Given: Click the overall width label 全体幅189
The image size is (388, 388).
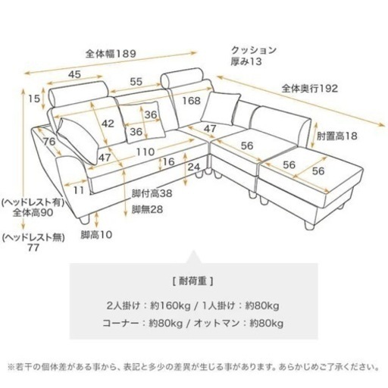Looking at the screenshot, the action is (111, 54).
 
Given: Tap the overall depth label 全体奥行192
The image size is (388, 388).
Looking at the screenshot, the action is (310, 89).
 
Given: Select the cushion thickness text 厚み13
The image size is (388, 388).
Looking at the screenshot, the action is (246, 61).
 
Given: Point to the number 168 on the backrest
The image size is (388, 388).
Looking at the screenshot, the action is (192, 101).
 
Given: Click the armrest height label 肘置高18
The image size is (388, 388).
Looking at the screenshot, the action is (337, 136).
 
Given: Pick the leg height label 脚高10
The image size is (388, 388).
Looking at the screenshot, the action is (96, 235).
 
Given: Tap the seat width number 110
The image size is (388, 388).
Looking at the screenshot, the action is (145, 152).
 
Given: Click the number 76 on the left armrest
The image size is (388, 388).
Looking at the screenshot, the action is (49, 142).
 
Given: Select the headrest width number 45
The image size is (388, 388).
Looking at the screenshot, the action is (75, 74).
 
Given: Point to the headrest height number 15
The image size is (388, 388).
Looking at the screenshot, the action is (34, 99).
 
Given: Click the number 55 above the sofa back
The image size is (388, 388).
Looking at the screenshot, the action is (136, 82).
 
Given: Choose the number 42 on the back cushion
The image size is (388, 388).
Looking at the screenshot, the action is (108, 124).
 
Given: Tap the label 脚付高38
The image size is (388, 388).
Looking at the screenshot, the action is (152, 193).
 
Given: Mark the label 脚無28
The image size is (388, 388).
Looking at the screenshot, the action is (147, 209).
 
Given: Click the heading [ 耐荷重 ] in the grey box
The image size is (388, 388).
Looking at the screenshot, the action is (193, 281).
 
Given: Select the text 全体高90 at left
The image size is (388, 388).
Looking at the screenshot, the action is (33, 213).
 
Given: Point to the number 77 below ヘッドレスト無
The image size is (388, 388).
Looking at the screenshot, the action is (33, 248).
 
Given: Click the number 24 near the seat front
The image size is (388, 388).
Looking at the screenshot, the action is (194, 167).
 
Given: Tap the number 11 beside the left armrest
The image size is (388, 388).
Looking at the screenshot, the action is (79, 190).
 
